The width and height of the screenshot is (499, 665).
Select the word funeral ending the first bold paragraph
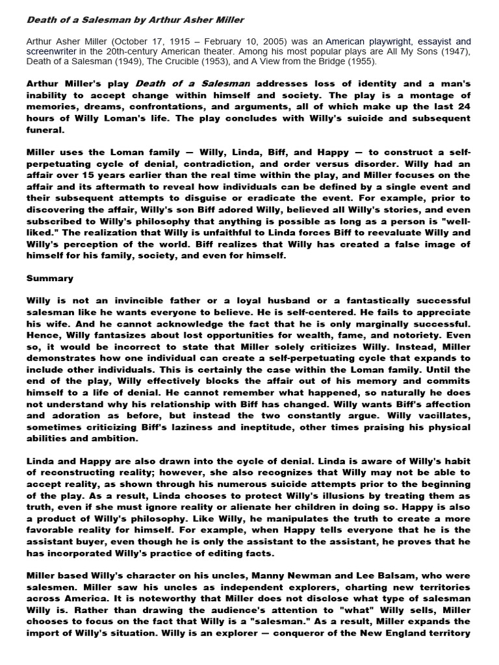(45, 129)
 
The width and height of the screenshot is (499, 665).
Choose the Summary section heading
(50, 278)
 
